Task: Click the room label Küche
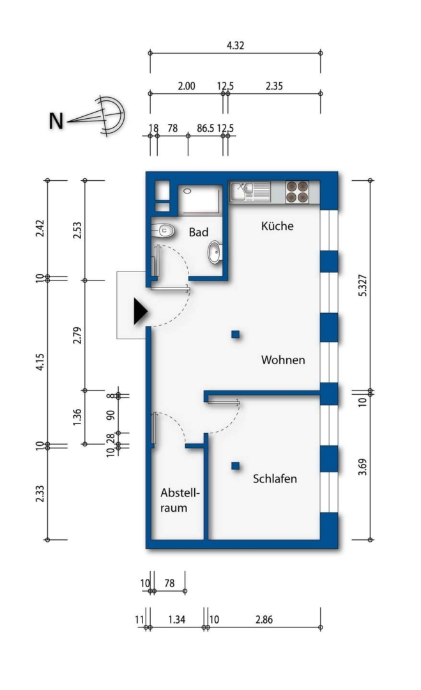click(x=277, y=226)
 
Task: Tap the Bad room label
click(x=199, y=232)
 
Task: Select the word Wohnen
click(x=283, y=360)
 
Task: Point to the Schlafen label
click(x=275, y=479)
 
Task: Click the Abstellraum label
click(x=180, y=500)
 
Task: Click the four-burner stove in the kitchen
click(x=297, y=192)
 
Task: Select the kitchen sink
click(x=250, y=192)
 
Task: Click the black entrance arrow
click(x=141, y=312)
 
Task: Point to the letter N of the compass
click(x=56, y=121)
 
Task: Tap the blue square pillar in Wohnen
click(x=236, y=334)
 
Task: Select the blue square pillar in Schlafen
click(x=236, y=466)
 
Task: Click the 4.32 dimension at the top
click(x=235, y=45)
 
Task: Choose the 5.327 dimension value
click(x=362, y=285)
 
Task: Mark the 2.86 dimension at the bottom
click(x=264, y=620)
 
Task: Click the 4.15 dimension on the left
click(x=40, y=362)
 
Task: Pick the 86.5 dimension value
click(x=206, y=128)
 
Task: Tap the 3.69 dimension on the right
click(x=362, y=467)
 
